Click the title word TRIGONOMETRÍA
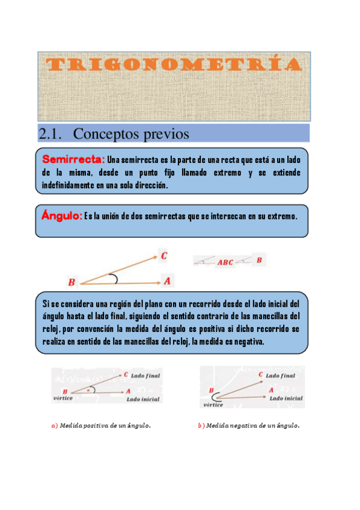pyautogui.click(x=174, y=65)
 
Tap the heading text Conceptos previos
pyautogui.click(x=131, y=134)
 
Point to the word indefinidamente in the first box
pyautogui.click(x=68, y=186)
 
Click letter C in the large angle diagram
pyautogui.click(x=164, y=256)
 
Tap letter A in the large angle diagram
pyautogui.click(x=167, y=280)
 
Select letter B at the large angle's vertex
pyautogui.click(x=72, y=282)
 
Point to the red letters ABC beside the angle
pyautogui.click(x=225, y=262)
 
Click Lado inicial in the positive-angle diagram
pyautogui.click(x=143, y=399)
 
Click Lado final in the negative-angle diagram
pyautogui.click(x=280, y=375)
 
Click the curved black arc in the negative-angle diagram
pyautogui.click(x=215, y=397)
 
